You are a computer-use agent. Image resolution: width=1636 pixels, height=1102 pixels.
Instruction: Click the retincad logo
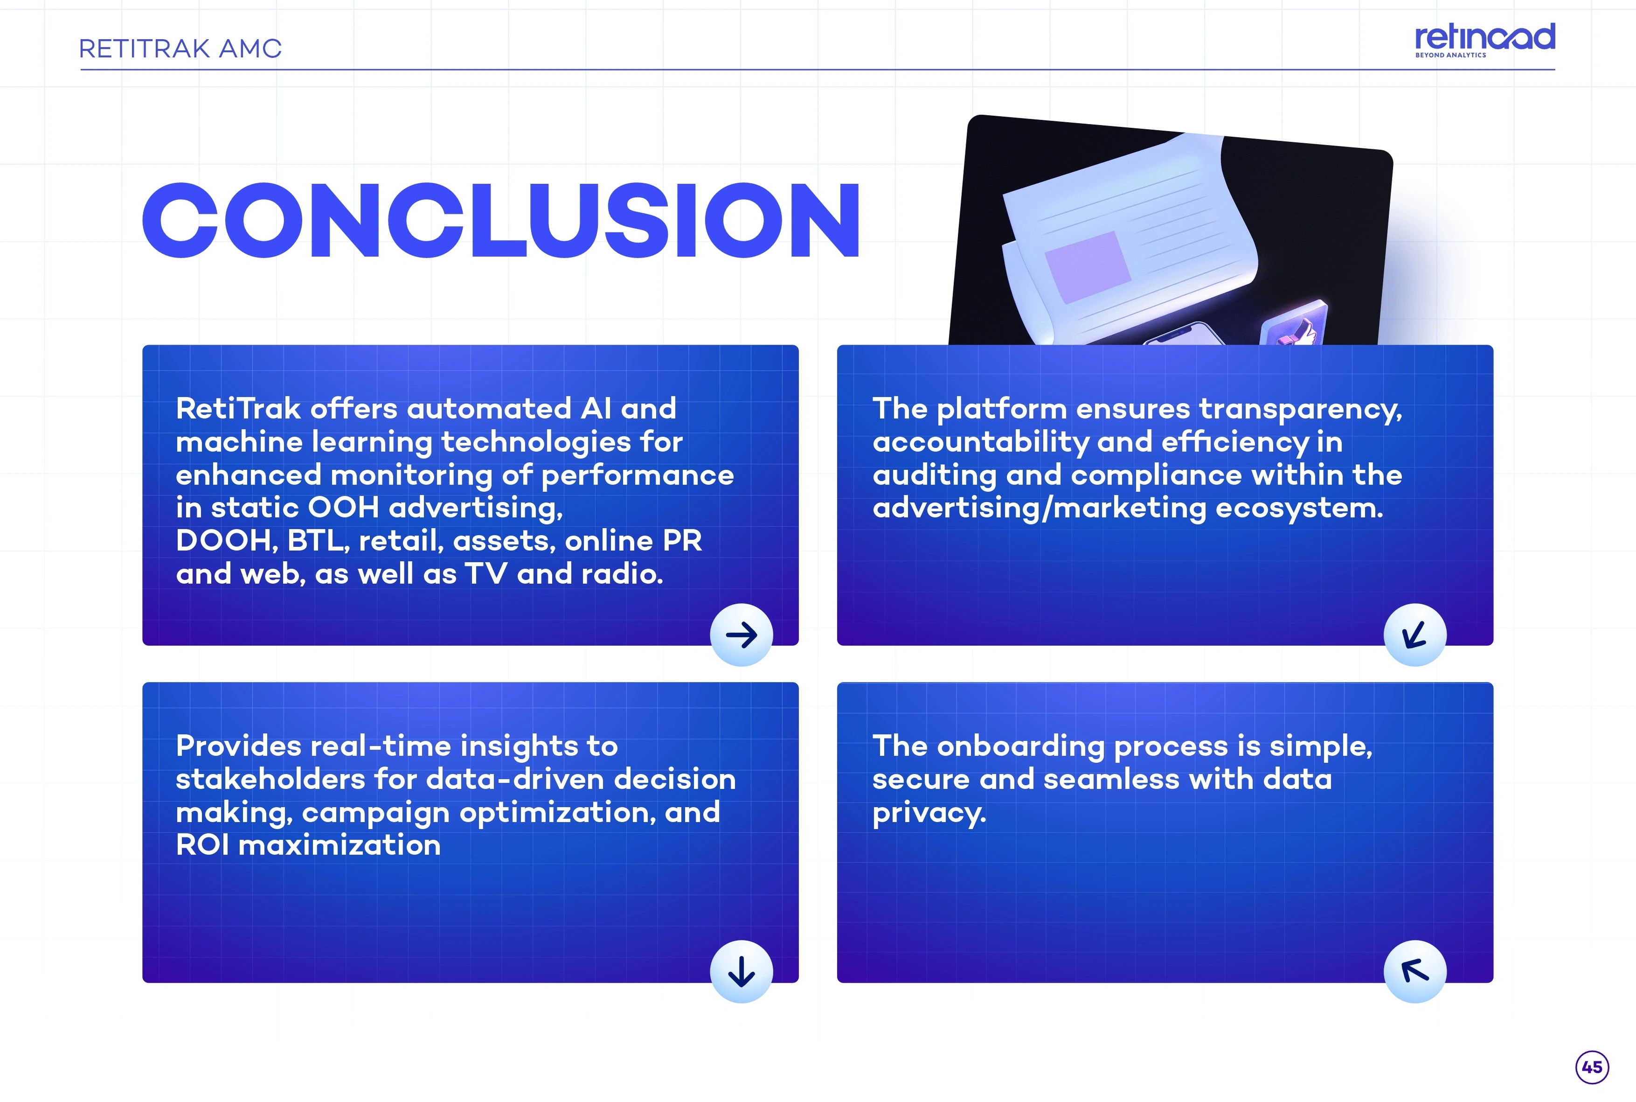[x=1484, y=40]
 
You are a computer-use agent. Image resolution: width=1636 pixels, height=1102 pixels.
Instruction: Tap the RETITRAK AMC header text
[x=180, y=49]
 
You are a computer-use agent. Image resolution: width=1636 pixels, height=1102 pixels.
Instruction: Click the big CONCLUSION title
[x=501, y=220]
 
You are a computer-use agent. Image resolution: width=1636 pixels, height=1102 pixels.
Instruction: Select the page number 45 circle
[x=1592, y=1067]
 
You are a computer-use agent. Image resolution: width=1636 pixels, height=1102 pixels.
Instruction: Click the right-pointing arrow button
[x=741, y=635]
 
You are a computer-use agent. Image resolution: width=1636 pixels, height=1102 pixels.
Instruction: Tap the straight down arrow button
[x=741, y=971]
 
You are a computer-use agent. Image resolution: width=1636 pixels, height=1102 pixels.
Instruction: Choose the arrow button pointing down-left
[x=1415, y=635]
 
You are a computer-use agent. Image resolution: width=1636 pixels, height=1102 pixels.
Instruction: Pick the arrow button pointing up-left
[x=1415, y=971]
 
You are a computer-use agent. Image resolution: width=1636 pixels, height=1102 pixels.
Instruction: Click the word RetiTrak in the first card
[x=238, y=408]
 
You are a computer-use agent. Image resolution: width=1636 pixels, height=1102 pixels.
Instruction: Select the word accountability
[x=981, y=443]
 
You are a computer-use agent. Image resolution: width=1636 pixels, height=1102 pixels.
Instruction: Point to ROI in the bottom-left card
[x=202, y=845]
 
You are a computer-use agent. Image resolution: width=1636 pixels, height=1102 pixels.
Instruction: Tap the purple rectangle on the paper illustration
[x=1088, y=267]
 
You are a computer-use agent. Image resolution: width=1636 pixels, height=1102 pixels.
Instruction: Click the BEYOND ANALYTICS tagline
[x=1450, y=55]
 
